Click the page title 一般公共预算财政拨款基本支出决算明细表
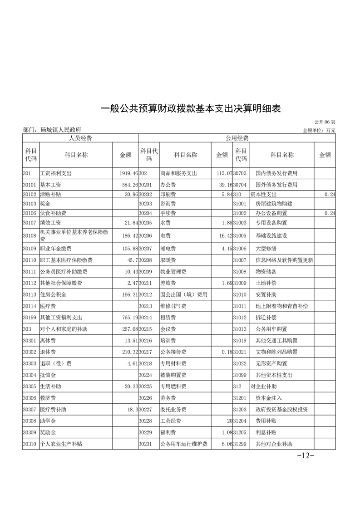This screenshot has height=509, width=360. click(191, 109)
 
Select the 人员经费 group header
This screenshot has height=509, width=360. click(80, 138)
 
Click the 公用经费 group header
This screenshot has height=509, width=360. click(237, 138)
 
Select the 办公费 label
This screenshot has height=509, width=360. click(168, 185)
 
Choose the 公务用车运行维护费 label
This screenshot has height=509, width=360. click(183, 444)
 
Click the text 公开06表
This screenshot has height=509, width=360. click(325, 122)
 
